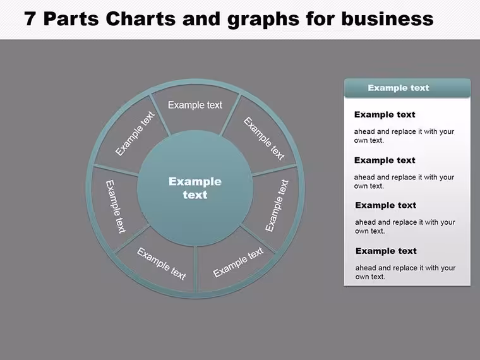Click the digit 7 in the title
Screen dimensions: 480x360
click(x=30, y=19)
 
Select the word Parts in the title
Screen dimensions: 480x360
click(x=71, y=19)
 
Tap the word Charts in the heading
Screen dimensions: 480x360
click(x=141, y=19)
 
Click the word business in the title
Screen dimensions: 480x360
click(x=387, y=19)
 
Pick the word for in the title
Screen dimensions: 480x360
click(x=320, y=19)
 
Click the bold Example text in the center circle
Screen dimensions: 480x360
click(x=195, y=188)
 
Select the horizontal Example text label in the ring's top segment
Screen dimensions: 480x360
click(x=195, y=105)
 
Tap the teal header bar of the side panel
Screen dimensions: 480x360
click(x=407, y=88)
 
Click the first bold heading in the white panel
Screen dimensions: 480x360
click(x=385, y=114)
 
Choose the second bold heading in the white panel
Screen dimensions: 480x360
click(x=385, y=160)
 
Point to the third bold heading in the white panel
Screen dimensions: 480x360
click(x=385, y=205)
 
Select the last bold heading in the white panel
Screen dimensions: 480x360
click(x=386, y=251)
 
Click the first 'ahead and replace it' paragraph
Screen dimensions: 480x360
click(x=404, y=136)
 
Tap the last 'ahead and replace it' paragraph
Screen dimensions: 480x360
click(x=405, y=272)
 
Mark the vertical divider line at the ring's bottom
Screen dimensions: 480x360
click(x=195, y=269)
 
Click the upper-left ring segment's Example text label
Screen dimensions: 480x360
click(x=135, y=133)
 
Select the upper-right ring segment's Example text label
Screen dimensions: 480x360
click(x=264, y=138)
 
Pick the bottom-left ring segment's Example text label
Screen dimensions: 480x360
click(x=161, y=264)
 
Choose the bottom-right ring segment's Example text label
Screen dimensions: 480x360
click(x=238, y=262)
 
